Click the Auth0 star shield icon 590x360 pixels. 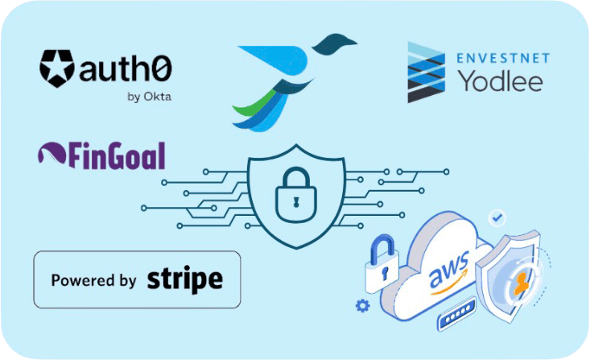(57, 68)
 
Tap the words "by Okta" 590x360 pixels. (150, 97)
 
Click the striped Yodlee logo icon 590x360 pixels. (426, 72)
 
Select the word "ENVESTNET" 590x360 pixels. (503, 58)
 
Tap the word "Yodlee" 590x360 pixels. (500, 81)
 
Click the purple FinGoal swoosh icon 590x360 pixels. (52, 152)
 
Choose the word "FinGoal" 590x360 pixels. (117, 155)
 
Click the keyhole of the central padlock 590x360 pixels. (296, 201)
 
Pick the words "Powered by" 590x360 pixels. (93, 280)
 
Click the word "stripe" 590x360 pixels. (185, 279)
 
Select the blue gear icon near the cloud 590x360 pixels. (363, 305)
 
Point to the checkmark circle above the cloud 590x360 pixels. (497, 217)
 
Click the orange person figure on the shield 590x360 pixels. (522, 283)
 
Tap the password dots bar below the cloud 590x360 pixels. (456, 314)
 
